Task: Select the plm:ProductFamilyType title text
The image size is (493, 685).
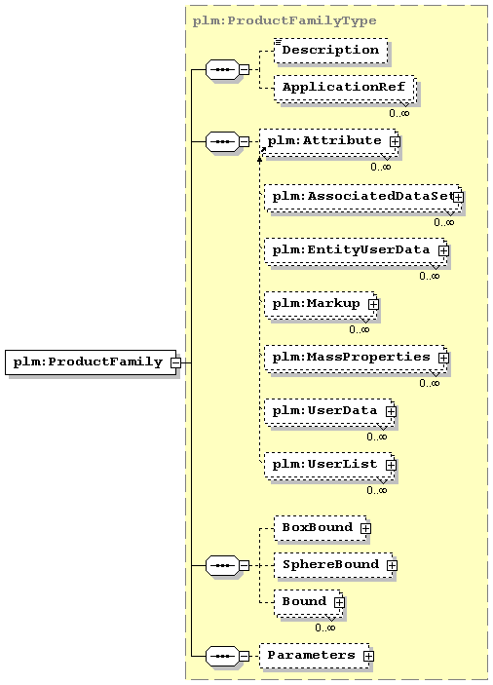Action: [x=284, y=19]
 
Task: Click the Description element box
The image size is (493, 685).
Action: [x=330, y=50]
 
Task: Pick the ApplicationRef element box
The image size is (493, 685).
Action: [x=343, y=88]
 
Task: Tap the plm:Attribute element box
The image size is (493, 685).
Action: [x=325, y=141]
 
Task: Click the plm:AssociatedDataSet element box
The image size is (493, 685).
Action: [x=359, y=197]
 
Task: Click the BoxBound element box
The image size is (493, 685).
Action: [x=317, y=528]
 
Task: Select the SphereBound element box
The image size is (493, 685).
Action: [x=329, y=564]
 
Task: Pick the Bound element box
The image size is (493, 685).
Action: [x=304, y=602]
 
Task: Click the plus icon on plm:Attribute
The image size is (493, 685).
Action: [x=395, y=142]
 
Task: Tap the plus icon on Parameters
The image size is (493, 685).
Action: [x=368, y=657]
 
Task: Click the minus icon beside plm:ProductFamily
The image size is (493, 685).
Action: [x=175, y=362]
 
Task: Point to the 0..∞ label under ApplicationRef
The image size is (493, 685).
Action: [x=398, y=113]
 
